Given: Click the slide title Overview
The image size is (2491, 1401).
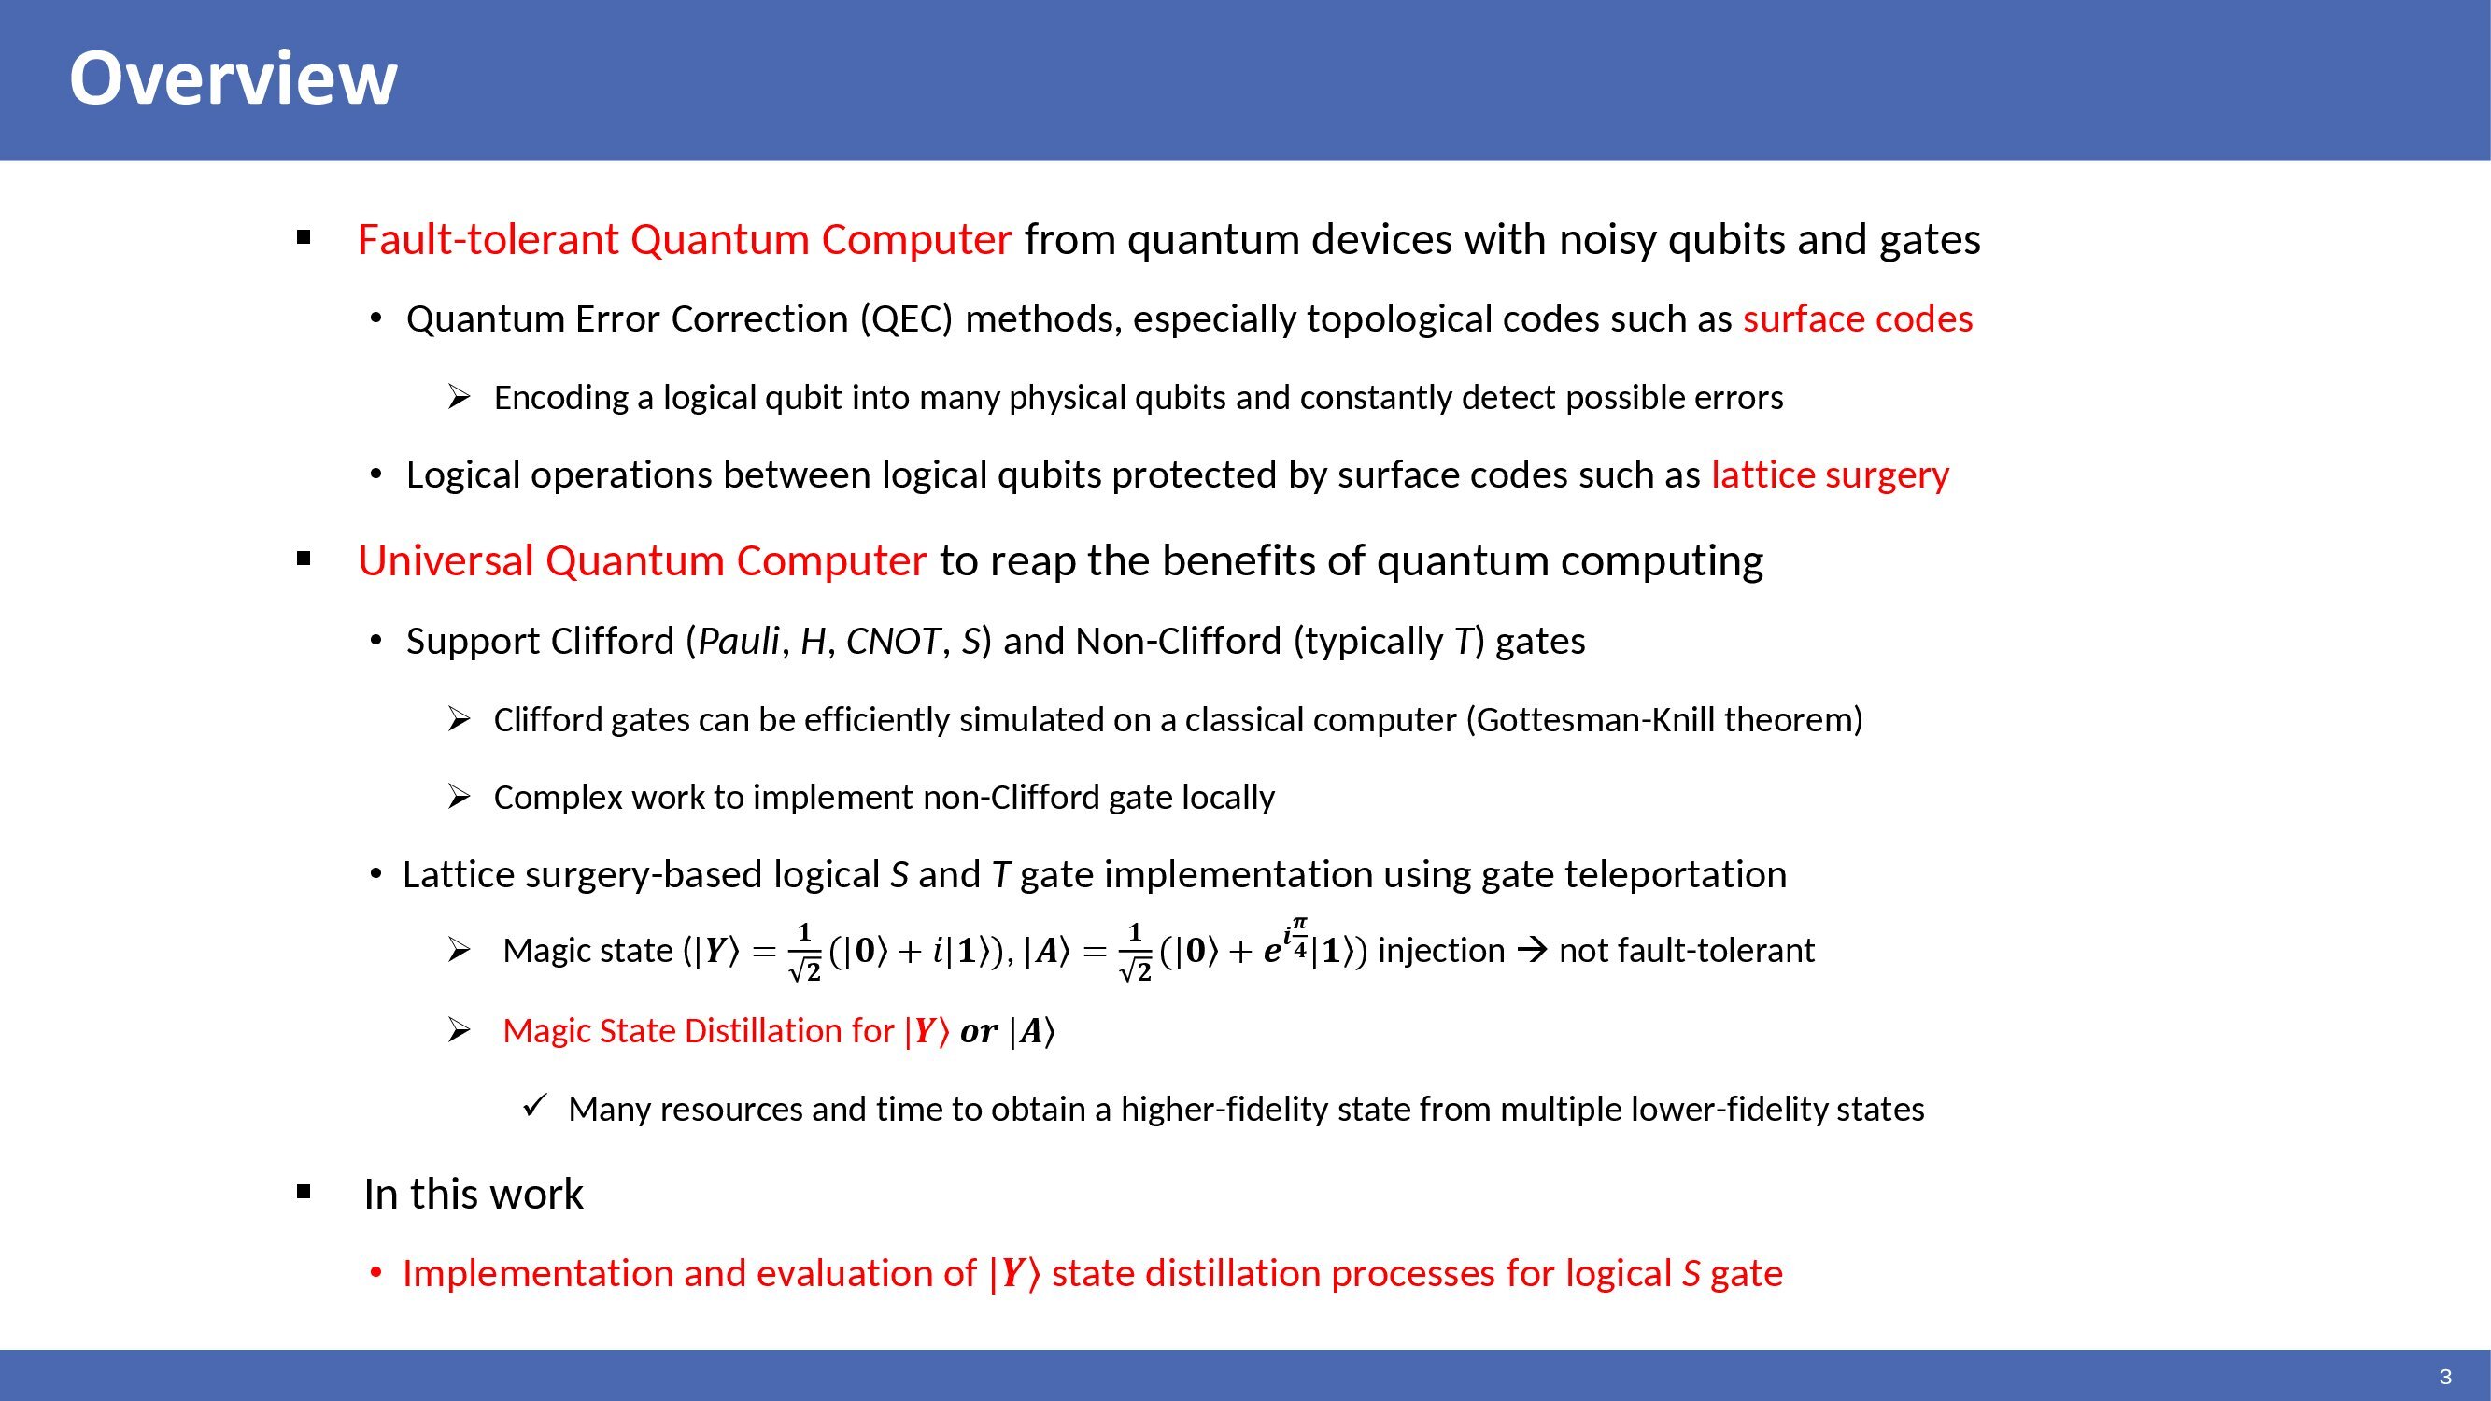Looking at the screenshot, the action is pyautogui.click(x=234, y=78).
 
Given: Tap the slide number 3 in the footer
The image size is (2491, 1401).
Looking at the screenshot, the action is pyautogui.click(x=2445, y=1377).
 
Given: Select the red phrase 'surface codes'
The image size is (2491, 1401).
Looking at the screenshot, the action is pyautogui.click(x=1858, y=319).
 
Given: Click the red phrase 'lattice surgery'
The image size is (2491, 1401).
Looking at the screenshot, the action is pyautogui.click(x=1830, y=475).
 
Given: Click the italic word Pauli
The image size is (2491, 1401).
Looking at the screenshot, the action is pyautogui.click(x=739, y=641).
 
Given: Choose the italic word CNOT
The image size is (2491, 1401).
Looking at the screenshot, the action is pyautogui.click(x=893, y=641).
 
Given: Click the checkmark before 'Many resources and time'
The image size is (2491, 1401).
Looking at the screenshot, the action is pyautogui.click(x=536, y=1105).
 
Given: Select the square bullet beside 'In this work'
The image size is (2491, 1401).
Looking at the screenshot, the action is pyautogui.click(x=304, y=1192).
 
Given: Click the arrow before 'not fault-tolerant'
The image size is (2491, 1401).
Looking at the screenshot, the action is pyautogui.click(x=1532, y=951).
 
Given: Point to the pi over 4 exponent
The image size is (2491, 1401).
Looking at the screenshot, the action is pyautogui.click(x=1299, y=937).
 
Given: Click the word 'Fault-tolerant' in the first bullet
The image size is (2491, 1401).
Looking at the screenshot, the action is pyautogui.click(x=488, y=240).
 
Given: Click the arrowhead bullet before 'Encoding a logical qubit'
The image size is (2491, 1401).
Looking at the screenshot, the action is pyautogui.click(x=459, y=396).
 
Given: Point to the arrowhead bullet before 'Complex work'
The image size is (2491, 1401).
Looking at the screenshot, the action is pyautogui.click(x=459, y=797).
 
